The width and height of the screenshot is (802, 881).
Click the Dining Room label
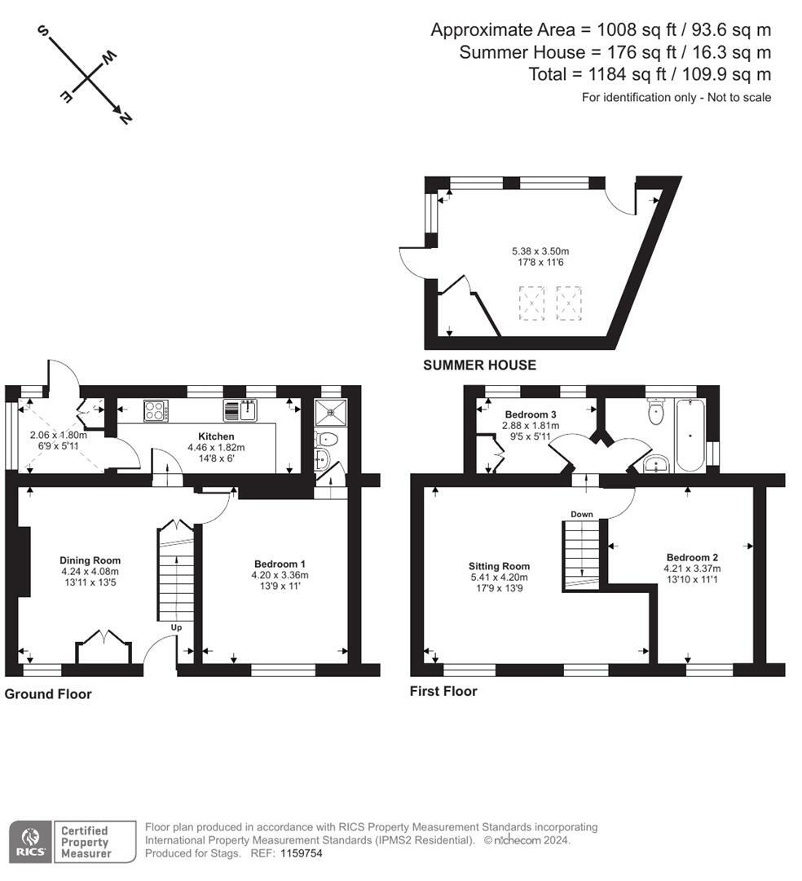click(90, 560)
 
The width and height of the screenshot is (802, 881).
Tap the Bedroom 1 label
click(280, 564)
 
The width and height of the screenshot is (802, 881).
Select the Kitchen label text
click(216, 436)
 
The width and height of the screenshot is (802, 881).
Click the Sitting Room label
click(499, 566)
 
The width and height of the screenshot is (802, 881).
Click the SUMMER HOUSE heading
click(479, 365)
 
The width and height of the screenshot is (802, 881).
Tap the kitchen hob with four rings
click(155, 410)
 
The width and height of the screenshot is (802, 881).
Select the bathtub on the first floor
click(690, 435)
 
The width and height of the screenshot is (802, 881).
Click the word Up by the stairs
click(176, 627)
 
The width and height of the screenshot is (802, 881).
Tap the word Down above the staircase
click(582, 515)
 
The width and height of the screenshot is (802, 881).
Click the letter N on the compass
click(125, 117)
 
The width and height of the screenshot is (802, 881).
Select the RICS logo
click(31, 842)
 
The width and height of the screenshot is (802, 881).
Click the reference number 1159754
click(302, 853)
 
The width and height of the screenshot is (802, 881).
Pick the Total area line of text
click(650, 74)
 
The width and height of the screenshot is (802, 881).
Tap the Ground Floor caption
click(48, 694)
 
